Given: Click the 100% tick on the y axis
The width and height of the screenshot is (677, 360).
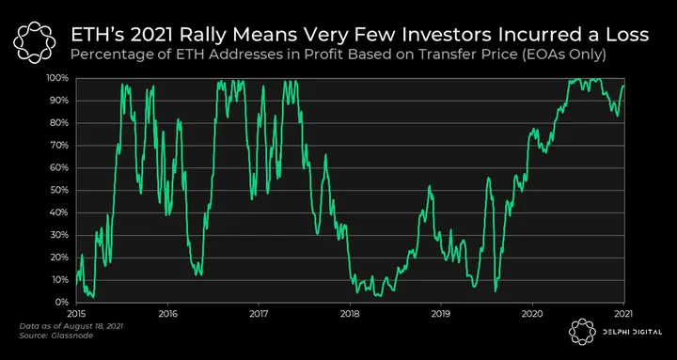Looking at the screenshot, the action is coord(59,79).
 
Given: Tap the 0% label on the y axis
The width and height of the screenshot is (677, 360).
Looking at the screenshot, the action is coord(63,302).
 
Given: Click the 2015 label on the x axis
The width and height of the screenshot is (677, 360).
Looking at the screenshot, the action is coord(76,312).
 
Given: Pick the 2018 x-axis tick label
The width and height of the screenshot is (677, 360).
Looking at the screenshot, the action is coord(350,312).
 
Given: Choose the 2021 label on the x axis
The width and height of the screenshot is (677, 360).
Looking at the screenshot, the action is coord(623,312).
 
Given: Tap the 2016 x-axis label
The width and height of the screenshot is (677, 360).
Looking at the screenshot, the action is coord(167,312).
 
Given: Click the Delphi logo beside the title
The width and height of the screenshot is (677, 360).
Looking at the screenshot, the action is coord(35,42).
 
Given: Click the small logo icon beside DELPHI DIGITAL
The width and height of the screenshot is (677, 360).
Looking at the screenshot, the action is coord(582,332).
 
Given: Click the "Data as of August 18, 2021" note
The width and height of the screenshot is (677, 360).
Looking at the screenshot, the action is coord(71,326).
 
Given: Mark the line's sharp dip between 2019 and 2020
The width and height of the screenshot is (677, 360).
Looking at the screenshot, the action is coord(496,291).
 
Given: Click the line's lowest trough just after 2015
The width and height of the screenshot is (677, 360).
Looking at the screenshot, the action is coord(93,297).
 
